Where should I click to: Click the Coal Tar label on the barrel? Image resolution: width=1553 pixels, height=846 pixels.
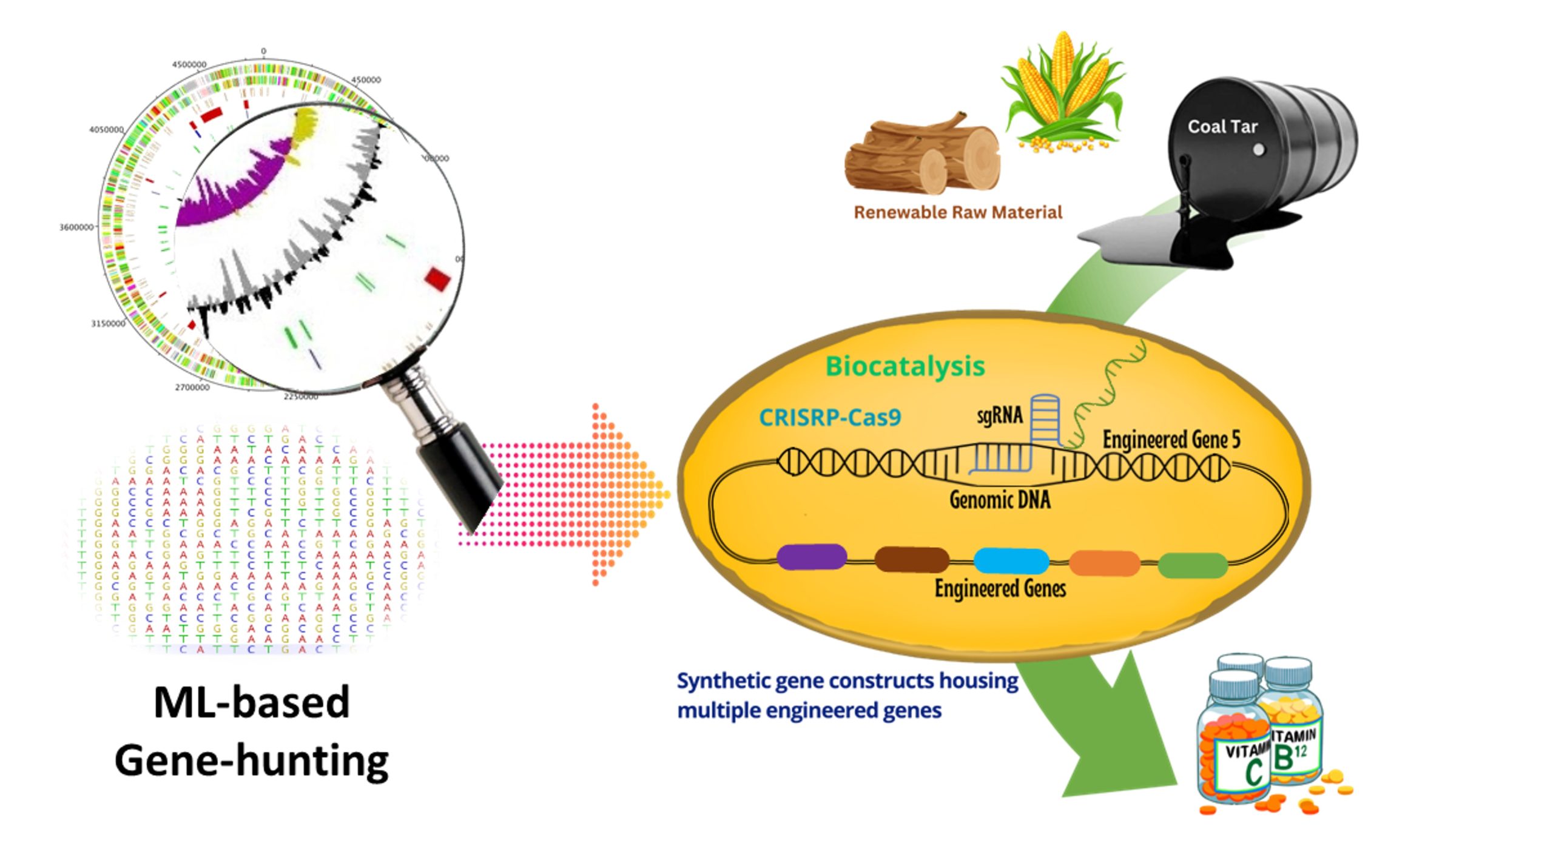1222,127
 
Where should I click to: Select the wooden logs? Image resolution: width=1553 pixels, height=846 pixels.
922,156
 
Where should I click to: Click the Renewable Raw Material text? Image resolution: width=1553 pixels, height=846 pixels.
957,212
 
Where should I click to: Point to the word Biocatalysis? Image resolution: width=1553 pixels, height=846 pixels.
905,366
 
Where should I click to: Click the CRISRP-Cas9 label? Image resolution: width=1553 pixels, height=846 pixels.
830,417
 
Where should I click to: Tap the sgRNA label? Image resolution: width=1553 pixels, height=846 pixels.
999,415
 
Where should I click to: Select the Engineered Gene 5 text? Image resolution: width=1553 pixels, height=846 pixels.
1171,440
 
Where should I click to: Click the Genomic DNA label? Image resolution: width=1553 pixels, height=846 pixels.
999,500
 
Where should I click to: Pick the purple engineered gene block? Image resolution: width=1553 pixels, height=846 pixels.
811,557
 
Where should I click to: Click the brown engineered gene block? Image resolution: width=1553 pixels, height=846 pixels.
911,559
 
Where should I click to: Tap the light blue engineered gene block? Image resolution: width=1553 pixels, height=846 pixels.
1010,560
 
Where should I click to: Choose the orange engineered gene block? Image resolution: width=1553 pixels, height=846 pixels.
1103,563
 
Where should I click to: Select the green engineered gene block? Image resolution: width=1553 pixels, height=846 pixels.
1192,565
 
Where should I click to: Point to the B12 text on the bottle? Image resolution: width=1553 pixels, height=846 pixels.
1289,756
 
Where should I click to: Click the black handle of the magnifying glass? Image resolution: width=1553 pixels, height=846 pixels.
461,473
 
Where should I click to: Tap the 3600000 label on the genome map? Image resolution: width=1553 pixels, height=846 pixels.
76,227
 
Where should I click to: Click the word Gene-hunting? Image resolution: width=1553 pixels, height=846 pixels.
251,761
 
